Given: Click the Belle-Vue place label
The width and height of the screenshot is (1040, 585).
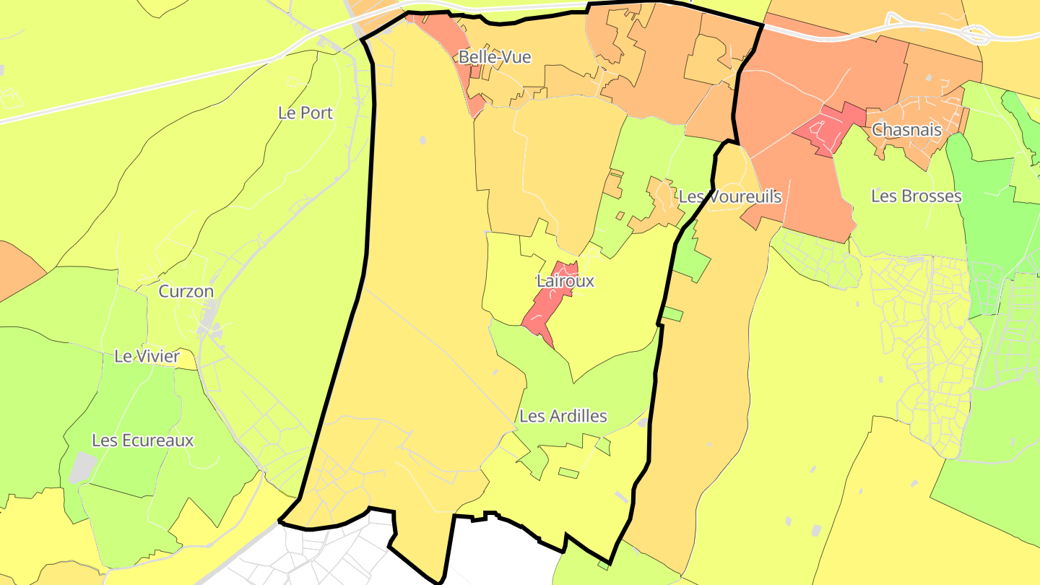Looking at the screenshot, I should pyautogui.click(x=495, y=57).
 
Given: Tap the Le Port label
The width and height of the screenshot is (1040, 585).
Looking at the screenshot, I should pyautogui.click(x=305, y=113).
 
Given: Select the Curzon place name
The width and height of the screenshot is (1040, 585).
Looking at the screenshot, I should pyautogui.click(x=186, y=291).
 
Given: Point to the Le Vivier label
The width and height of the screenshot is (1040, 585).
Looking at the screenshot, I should pyautogui.click(x=147, y=356).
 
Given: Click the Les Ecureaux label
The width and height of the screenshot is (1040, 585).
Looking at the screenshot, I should pyautogui.click(x=143, y=440).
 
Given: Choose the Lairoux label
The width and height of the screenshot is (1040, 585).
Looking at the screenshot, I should pyautogui.click(x=565, y=281).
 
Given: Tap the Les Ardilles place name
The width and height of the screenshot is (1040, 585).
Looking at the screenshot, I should pyautogui.click(x=563, y=416).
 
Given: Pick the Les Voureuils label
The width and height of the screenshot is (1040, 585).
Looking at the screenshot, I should pyautogui.click(x=730, y=196).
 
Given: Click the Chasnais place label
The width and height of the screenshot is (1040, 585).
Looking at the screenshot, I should pyautogui.click(x=906, y=130).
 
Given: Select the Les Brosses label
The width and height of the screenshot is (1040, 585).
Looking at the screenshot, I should pyautogui.click(x=916, y=196).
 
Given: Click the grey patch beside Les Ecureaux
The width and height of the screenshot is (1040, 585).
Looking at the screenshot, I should pyautogui.click(x=82, y=467).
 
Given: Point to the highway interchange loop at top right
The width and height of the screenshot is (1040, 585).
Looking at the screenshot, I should pyautogui.click(x=976, y=33).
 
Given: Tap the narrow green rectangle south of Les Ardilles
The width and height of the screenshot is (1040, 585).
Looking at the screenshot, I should pyautogui.click(x=569, y=473).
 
